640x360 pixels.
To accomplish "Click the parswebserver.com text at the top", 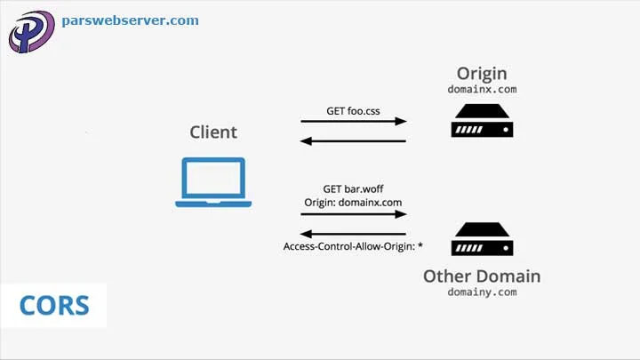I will (130, 20).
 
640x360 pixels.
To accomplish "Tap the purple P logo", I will (31, 32).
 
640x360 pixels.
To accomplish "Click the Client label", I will (213, 132).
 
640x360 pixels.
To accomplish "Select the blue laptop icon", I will (213, 182).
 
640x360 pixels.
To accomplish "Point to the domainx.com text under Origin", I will (481, 90).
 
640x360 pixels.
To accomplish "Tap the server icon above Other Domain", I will (481, 240).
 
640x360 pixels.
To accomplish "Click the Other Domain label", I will (481, 275).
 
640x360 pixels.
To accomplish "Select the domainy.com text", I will (481, 292).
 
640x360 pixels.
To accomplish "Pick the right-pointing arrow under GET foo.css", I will (353, 122).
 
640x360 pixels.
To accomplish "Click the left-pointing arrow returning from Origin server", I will (353, 140).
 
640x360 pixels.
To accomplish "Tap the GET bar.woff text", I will (353, 189).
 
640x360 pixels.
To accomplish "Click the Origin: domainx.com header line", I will (353, 203).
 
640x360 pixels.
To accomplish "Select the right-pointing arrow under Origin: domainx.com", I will (353, 215).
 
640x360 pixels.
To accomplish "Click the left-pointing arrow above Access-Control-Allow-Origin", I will (353, 234).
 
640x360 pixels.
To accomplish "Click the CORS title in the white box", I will (54, 307).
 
